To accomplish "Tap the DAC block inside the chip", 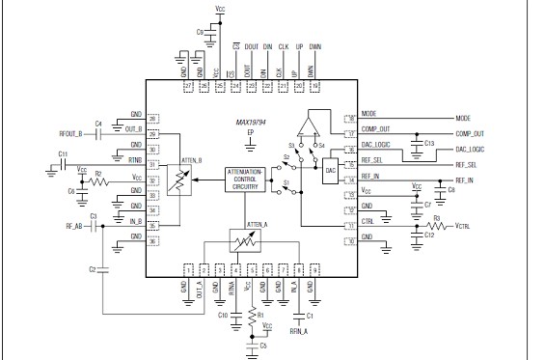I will click(331, 170).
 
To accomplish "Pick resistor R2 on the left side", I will click(96, 178).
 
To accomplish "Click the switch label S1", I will click(287, 182).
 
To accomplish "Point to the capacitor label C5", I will click(262, 345).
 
